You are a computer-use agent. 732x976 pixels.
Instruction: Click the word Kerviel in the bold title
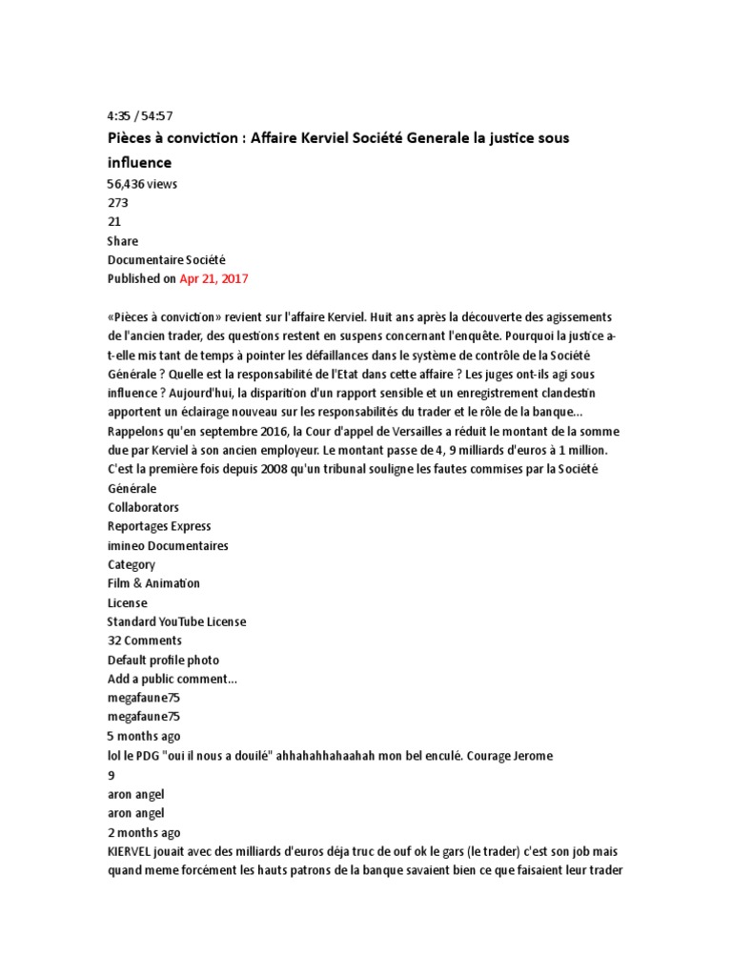point(346,138)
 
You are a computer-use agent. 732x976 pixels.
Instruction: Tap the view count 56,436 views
point(142,184)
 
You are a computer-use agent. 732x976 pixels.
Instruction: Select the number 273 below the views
point(118,203)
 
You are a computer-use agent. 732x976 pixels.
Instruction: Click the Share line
point(123,241)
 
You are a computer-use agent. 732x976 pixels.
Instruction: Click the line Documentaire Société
point(167,260)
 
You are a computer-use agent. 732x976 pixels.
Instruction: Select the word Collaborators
point(143,507)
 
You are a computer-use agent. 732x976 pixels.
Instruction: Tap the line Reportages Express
point(159,526)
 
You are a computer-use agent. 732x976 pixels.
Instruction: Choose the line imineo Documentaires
point(168,545)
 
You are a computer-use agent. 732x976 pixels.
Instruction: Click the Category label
point(132,564)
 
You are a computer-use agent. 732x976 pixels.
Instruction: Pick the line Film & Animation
point(154,583)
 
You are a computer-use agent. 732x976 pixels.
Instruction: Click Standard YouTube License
point(176,621)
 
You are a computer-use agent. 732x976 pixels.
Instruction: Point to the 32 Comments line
point(145,640)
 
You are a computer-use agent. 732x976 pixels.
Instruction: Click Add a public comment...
point(173,679)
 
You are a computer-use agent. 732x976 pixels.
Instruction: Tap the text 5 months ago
point(144,736)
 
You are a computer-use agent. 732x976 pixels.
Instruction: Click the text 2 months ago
point(144,832)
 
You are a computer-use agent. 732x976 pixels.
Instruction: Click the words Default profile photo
point(163,660)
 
